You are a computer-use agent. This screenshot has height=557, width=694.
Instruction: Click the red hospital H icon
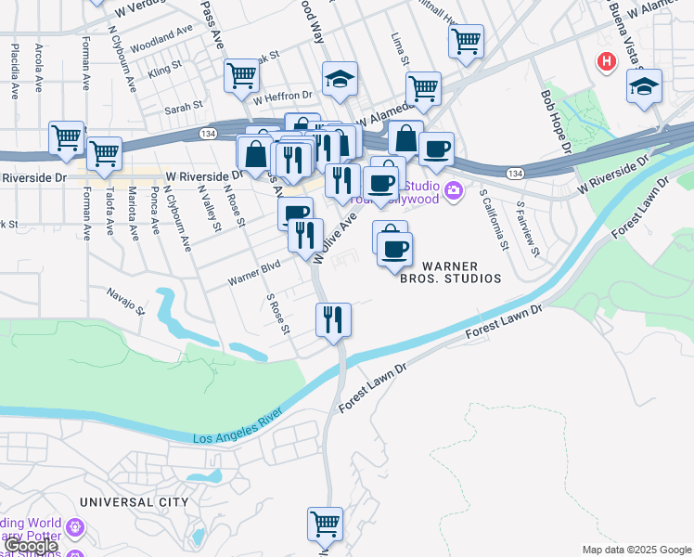coord(607,62)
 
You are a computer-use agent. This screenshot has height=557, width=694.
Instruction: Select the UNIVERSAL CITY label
coord(134,501)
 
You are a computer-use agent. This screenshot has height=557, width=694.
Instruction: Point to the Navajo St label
coord(126,301)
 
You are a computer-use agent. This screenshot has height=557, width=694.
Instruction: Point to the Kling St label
coord(164,70)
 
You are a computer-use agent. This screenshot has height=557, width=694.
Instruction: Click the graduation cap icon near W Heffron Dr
coord(340,80)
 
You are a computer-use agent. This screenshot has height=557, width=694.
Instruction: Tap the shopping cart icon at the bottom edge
coord(325,524)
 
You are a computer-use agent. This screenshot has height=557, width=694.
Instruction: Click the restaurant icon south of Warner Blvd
coord(332,320)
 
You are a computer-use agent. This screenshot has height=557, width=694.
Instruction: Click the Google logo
coord(30,547)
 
